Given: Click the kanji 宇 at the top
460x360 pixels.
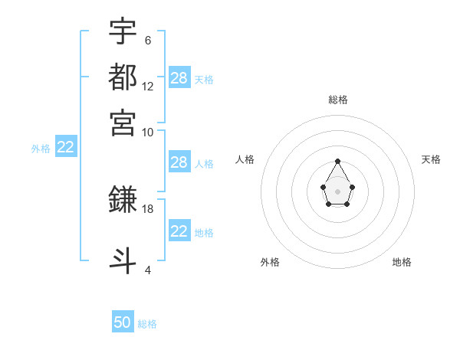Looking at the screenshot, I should [x=123, y=31].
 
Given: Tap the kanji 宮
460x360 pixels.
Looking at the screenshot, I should [x=123, y=122].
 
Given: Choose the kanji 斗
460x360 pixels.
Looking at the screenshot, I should [x=123, y=260].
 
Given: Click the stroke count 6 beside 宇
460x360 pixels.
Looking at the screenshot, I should [x=147, y=41].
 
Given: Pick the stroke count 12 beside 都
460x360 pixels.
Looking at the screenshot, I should [x=148, y=87].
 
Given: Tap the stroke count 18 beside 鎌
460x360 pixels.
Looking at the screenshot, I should [x=148, y=208].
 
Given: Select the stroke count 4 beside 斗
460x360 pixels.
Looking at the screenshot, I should [x=147, y=270].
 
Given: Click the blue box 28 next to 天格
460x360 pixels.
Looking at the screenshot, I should [x=179, y=78].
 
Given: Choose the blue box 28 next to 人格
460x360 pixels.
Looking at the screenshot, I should [x=179, y=162].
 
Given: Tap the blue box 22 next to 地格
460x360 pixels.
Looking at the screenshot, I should [x=179, y=231].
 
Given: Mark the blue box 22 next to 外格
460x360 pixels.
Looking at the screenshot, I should [x=65, y=147].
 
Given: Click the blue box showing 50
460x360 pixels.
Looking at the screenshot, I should [x=123, y=322].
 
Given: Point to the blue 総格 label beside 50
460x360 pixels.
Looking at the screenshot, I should [x=147, y=324].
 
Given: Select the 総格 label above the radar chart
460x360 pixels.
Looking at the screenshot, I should [x=337, y=100].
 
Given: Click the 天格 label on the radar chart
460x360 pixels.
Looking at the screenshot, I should [x=431, y=159].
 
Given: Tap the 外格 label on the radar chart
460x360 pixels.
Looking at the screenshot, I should [x=270, y=262].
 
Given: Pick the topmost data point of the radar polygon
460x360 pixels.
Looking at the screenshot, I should [x=337, y=161].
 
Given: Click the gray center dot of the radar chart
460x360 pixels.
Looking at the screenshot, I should [x=337, y=191].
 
